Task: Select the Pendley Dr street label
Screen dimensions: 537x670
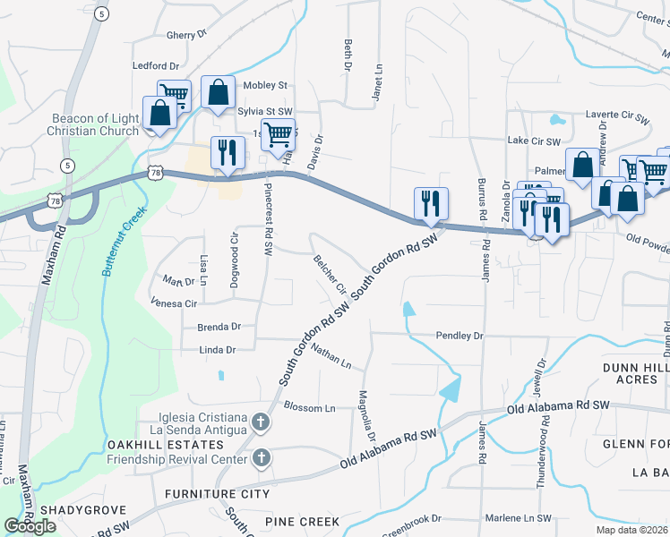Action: tap(459, 336)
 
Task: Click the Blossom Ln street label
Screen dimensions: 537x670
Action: tap(308, 407)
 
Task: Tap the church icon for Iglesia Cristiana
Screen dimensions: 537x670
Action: tap(261, 421)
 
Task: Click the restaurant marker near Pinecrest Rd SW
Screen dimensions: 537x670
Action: tap(228, 152)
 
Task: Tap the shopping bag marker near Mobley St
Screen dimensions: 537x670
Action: tap(218, 91)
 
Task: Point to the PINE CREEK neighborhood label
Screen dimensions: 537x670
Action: tap(302, 522)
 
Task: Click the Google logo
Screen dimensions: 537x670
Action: tap(30, 526)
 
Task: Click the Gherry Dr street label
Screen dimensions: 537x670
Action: tap(186, 35)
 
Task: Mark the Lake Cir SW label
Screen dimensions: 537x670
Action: tap(533, 141)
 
